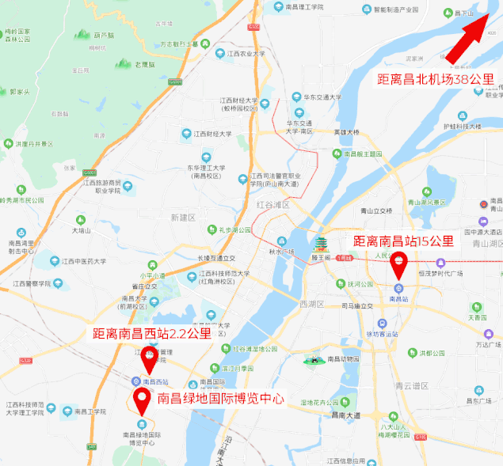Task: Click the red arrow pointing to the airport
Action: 473,35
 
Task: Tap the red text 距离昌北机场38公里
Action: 435,79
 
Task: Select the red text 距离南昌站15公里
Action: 403,241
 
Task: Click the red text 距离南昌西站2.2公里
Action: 152,334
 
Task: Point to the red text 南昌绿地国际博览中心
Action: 221,399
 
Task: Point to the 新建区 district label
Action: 181,216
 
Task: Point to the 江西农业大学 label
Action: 246,55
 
